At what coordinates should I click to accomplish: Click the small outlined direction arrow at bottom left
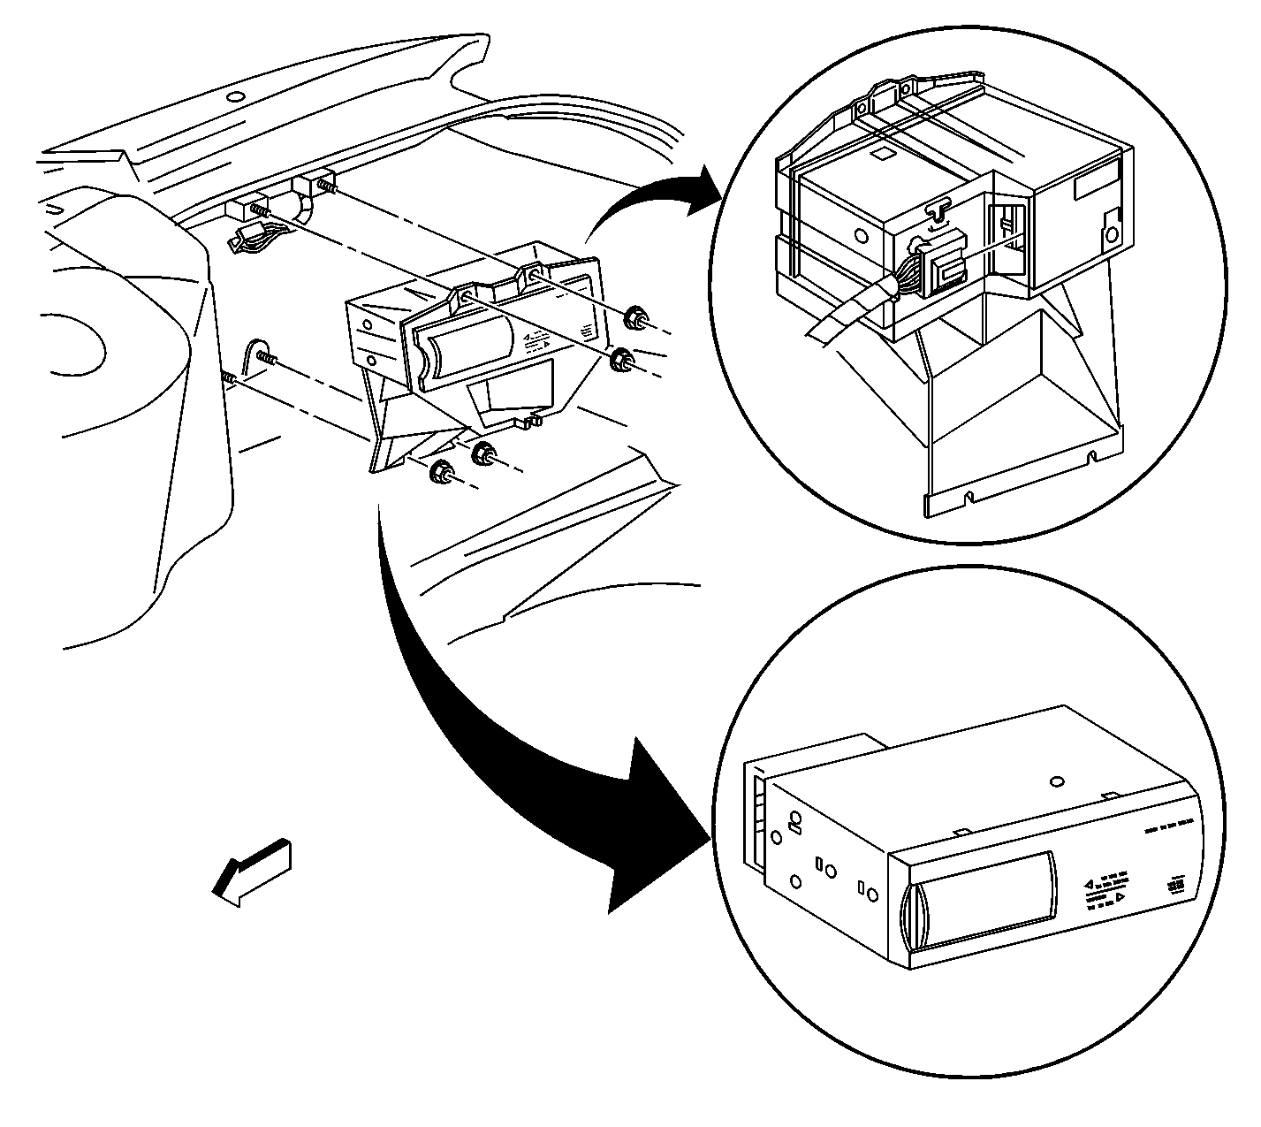pyautogui.click(x=252, y=874)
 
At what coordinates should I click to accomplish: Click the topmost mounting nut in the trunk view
pyautogui.click(x=633, y=318)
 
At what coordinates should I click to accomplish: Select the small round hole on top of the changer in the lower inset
pyautogui.click(x=1057, y=781)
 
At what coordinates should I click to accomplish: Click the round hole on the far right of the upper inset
pyautogui.click(x=1112, y=235)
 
